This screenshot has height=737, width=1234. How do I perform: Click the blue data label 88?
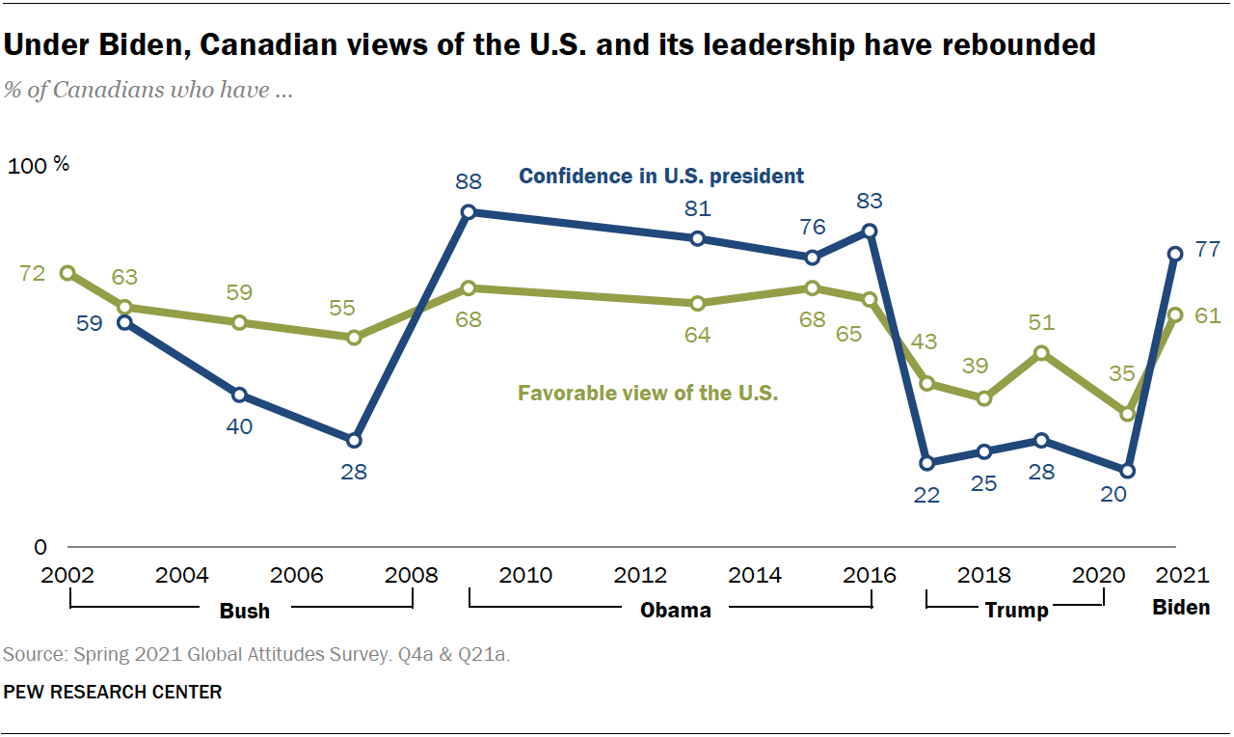point(469,180)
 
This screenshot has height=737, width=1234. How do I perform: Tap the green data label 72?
point(32,274)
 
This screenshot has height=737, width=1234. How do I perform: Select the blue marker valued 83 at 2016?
point(871,232)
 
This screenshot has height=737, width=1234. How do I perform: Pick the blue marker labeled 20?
point(1128,471)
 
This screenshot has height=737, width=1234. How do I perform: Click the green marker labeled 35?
point(1127,414)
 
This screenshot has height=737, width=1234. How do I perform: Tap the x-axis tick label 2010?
point(526,576)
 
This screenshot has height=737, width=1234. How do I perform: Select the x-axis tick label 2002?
point(68,576)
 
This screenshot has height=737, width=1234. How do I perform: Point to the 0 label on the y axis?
point(40,547)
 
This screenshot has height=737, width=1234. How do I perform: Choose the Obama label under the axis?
point(676,610)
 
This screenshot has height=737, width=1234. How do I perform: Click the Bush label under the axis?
point(245,610)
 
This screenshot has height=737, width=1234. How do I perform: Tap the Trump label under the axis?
point(1016,610)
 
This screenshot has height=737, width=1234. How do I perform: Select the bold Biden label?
point(1181,608)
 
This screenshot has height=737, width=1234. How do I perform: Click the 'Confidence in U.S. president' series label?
point(661,177)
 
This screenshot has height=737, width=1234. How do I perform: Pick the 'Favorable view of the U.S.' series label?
point(648,394)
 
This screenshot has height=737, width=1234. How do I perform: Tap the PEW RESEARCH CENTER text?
point(113,692)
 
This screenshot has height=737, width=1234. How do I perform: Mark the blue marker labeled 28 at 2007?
point(354,441)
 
